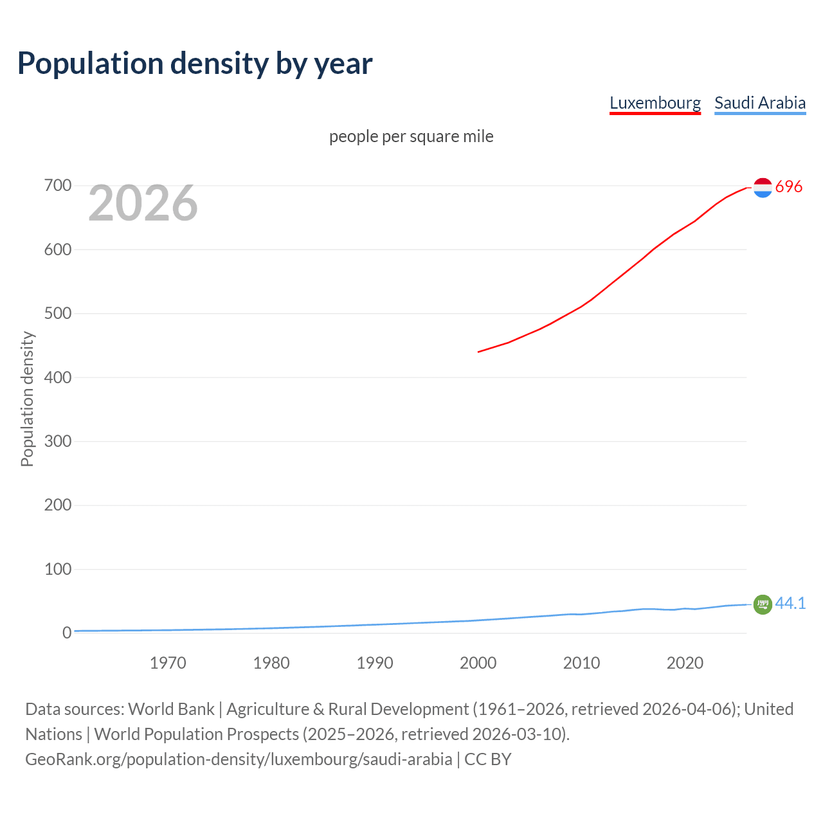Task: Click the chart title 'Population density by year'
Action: click(195, 64)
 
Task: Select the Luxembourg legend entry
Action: click(655, 103)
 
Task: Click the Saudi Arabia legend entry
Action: click(759, 103)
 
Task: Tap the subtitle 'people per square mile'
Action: click(411, 136)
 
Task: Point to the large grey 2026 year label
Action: click(143, 203)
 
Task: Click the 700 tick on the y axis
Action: click(58, 186)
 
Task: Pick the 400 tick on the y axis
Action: click(58, 377)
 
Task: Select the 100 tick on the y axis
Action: click(58, 569)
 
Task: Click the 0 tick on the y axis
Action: click(67, 633)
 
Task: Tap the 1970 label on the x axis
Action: click(168, 663)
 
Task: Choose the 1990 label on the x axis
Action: click(375, 663)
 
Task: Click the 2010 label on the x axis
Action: click(581, 663)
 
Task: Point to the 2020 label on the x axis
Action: click(685, 663)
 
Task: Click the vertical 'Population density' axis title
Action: click(27, 399)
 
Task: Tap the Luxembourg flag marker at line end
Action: click(763, 187)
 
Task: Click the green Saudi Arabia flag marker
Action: click(763, 604)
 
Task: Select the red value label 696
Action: click(789, 186)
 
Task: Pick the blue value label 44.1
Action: click(790, 603)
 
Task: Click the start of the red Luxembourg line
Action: click(479, 352)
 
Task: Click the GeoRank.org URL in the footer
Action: click(239, 759)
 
